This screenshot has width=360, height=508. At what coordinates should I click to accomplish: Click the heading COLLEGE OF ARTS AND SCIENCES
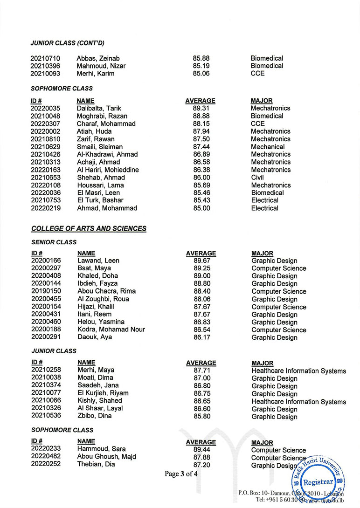coord(89,228)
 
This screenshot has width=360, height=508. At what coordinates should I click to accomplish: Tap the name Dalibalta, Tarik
coord(98,108)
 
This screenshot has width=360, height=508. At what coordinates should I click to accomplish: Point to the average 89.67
coord(201,261)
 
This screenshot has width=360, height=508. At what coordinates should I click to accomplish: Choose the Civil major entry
coord(257,177)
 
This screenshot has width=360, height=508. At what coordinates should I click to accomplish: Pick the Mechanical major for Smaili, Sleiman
coord(268,146)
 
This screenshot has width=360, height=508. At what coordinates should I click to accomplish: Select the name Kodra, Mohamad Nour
coord(111,330)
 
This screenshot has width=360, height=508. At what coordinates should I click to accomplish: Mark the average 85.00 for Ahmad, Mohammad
coord(201,208)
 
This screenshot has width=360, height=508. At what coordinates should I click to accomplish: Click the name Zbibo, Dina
coord(95,416)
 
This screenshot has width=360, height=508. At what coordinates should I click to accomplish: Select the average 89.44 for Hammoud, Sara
coord(201,449)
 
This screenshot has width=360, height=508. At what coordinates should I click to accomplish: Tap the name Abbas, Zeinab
coord(98,58)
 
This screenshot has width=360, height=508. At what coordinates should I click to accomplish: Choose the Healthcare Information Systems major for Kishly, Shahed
coord(298,401)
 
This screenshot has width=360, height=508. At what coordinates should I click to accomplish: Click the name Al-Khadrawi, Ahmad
coord(107,154)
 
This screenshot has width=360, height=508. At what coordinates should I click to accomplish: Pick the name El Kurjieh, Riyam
coord(103,393)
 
